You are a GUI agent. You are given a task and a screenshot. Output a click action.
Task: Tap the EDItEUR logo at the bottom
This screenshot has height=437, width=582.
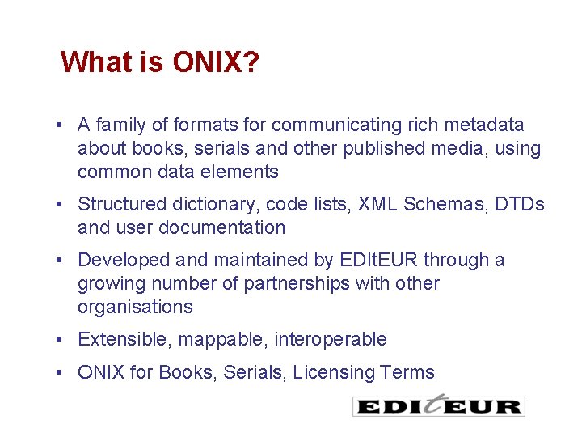pos(439,405)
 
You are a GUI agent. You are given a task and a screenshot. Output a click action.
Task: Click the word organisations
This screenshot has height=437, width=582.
pos(135,308)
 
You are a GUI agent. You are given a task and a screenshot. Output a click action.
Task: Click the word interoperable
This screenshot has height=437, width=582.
pos(331,340)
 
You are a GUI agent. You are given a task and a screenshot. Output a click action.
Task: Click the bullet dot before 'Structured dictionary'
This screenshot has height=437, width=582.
pos(61,205)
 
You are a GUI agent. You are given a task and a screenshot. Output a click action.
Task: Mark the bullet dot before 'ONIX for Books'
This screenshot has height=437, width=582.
pos(61,373)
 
